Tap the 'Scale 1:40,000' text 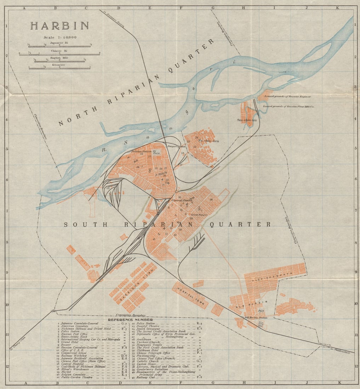(59, 37)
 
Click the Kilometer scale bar (59, 68)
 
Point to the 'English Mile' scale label (59, 58)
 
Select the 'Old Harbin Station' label (256, 318)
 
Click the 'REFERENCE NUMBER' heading (130, 320)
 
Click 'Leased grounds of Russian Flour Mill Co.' (288, 106)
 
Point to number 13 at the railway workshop (107, 188)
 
